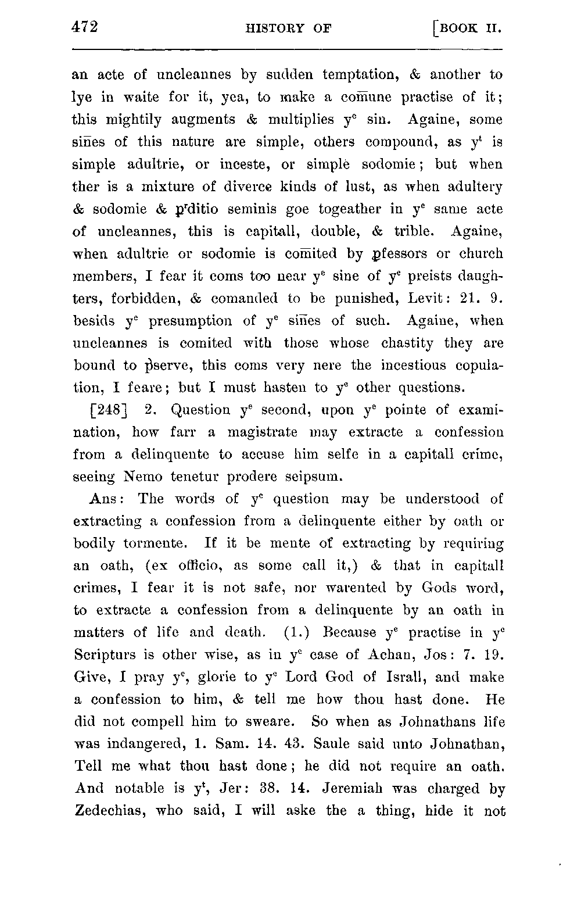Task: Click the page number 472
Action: click(x=84, y=27)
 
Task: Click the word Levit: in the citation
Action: click(x=425, y=299)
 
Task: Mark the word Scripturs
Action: click(x=105, y=655)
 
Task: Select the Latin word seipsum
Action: click(x=314, y=477)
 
